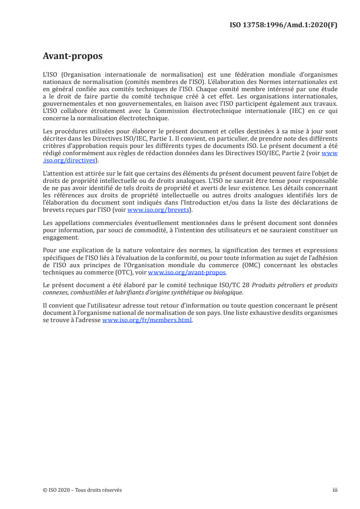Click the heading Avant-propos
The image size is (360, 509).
coord(72,56)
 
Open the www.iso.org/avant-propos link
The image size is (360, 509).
coord(187,273)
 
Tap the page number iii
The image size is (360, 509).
coord(335,490)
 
